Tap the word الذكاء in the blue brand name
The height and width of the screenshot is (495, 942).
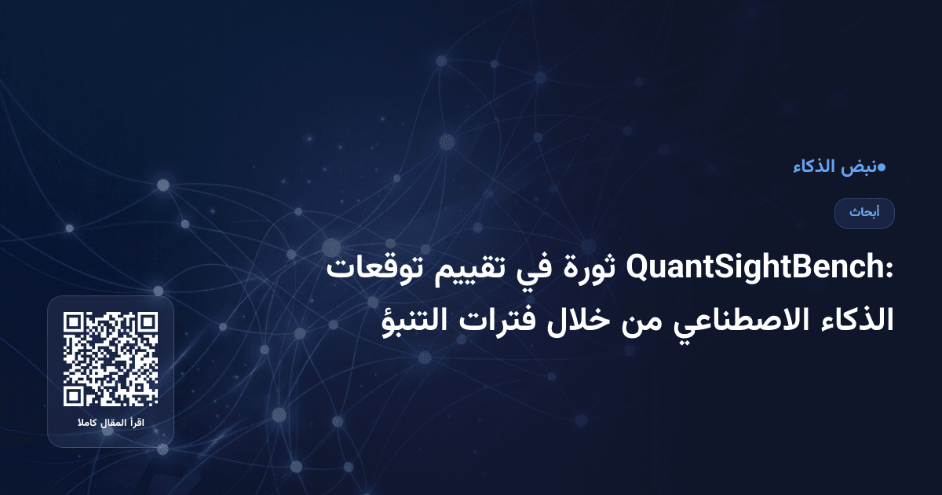[815, 167]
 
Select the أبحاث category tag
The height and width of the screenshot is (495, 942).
[864, 213]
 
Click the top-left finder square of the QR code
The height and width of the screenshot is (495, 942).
[75, 323]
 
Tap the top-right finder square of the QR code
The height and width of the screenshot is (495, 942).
[147, 323]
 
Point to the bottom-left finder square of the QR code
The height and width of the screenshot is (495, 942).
[75, 395]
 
